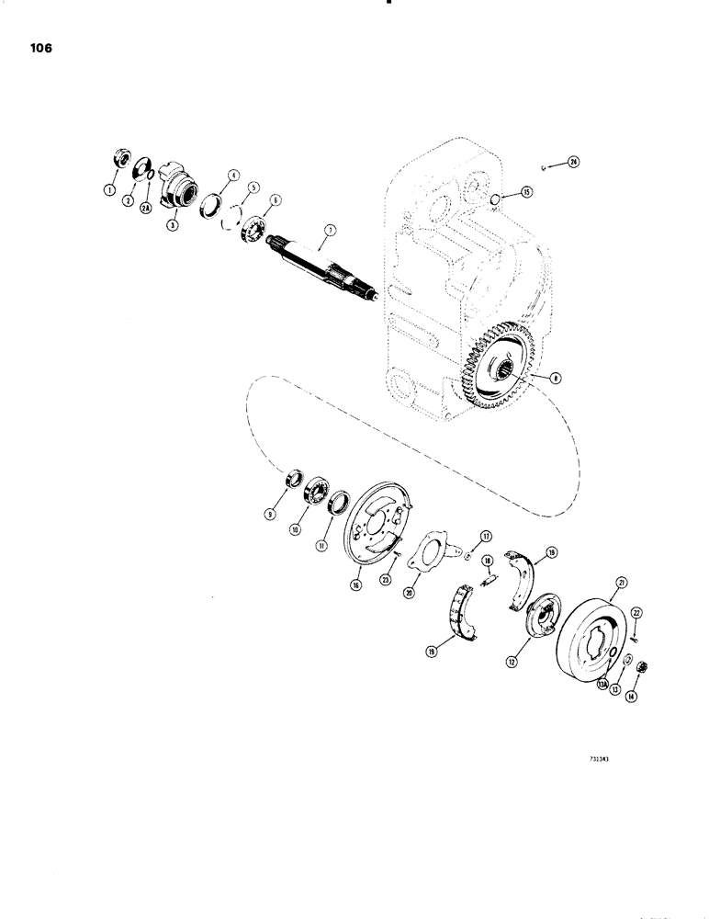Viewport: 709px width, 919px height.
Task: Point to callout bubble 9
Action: (271, 516)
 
